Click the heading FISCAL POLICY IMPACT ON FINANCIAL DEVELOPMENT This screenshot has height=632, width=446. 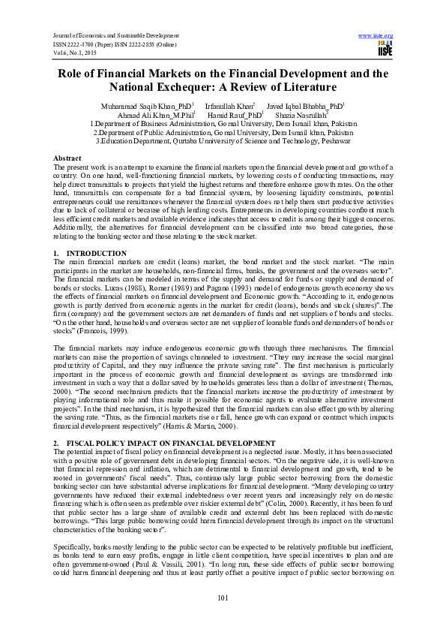point(165,443)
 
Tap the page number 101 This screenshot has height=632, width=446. point(223,597)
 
